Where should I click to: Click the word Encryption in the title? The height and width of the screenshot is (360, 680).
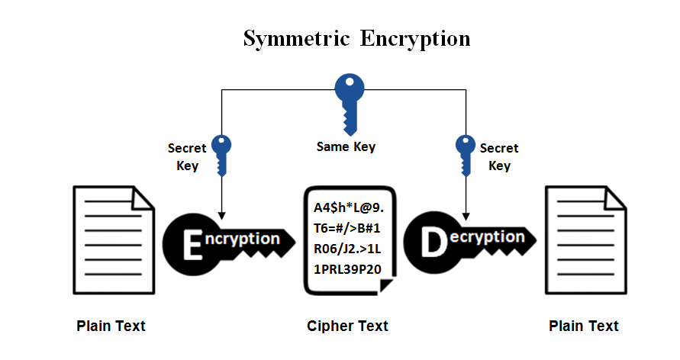416,38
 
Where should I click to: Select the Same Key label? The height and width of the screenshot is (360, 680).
346,146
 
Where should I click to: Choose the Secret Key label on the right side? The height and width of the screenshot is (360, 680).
499,156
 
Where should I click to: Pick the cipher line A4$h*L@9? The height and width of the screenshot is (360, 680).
349,207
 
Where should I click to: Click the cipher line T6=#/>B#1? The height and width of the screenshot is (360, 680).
347,228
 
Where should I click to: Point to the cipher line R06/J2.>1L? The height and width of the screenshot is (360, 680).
348,249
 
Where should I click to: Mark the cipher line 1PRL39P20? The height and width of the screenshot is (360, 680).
347,269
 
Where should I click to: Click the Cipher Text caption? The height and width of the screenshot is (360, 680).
347,326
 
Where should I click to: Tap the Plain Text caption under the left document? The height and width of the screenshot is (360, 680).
111,326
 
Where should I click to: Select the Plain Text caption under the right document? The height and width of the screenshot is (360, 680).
583,326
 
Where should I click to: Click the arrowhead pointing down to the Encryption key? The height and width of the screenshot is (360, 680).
221,211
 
